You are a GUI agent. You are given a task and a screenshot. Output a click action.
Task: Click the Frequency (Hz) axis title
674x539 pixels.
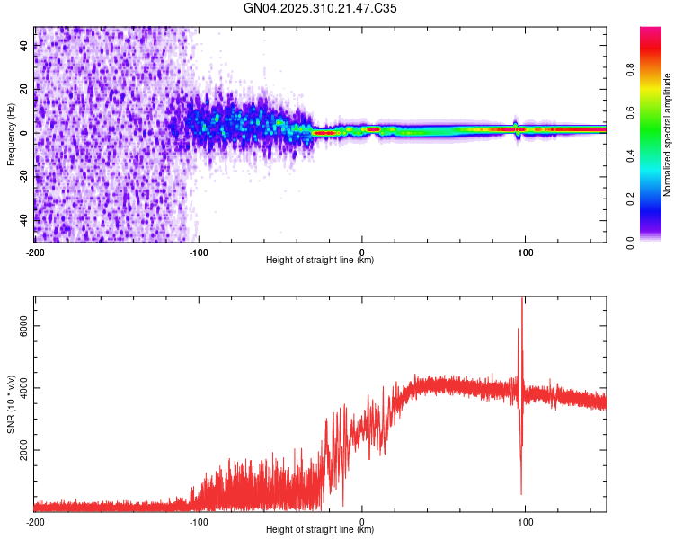(x=12, y=134)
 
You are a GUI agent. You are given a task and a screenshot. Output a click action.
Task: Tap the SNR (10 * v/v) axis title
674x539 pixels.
(x=12, y=404)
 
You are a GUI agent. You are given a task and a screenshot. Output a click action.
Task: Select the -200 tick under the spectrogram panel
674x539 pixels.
(x=35, y=251)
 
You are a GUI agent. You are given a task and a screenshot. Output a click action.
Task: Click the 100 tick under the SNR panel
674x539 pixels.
(x=526, y=521)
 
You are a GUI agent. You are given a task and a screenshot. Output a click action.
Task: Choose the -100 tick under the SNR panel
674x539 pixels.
(x=199, y=521)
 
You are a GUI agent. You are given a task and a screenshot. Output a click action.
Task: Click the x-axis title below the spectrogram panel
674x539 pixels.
(x=320, y=261)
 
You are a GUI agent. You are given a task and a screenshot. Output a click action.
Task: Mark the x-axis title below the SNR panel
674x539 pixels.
(x=320, y=530)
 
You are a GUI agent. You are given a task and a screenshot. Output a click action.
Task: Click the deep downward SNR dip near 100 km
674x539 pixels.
(x=521, y=492)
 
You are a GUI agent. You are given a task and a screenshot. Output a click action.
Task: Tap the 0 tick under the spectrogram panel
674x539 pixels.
(x=362, y=251)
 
